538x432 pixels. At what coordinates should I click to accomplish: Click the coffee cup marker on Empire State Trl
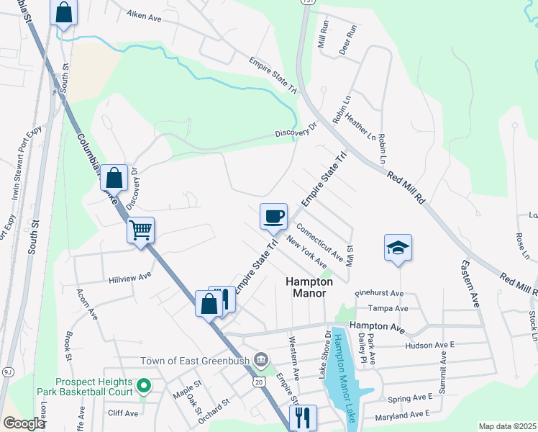click(273, 216)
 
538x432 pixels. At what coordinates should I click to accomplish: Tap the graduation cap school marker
click(398, 247)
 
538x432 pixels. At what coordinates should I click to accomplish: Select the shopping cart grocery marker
click(140, 230)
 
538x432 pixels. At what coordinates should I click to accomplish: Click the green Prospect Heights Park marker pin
click(143, 387)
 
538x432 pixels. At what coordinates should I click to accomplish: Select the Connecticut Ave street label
click(319, 243)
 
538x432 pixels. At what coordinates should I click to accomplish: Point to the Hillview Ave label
click(130, 276)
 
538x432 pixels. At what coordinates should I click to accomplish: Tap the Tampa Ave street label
click(388, 308)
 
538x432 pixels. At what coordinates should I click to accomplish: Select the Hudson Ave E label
click(430, 345)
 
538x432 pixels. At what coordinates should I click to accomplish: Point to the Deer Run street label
click(348, 40)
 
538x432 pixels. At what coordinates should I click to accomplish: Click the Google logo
click(23, 423)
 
